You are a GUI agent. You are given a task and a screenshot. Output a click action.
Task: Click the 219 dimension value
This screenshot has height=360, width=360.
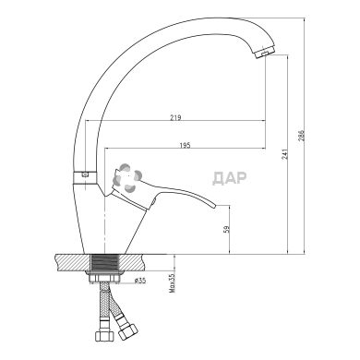point(175,118)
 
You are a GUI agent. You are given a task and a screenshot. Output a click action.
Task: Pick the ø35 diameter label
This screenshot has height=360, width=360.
point(139,281)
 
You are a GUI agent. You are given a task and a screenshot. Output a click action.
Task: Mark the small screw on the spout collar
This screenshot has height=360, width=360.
point(86,174)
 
